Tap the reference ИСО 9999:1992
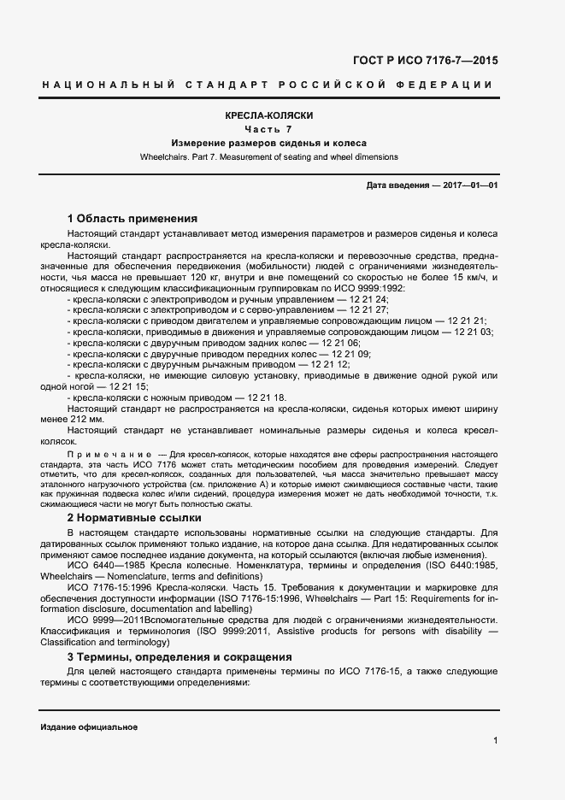[377, 289]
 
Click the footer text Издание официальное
[88, 726]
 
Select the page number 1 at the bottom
[495, 740]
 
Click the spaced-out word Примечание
[108, 452]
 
